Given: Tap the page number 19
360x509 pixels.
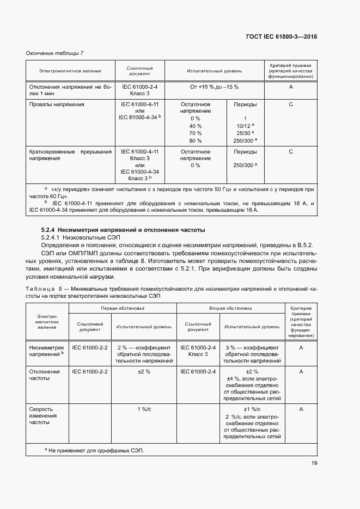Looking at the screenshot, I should pos(314,463).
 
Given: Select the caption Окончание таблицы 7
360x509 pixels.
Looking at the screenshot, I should pos(55,53).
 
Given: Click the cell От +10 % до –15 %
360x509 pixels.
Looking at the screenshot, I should pos(214,87).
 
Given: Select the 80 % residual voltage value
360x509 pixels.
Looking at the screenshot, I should pos(195,140).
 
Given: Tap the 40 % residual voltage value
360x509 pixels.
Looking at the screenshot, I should pos(195,125).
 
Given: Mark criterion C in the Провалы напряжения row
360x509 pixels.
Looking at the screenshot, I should pos(291,104).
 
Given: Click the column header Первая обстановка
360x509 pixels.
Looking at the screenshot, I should pos(122,308).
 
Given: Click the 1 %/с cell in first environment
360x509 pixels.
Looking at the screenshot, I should pos(144,408).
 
